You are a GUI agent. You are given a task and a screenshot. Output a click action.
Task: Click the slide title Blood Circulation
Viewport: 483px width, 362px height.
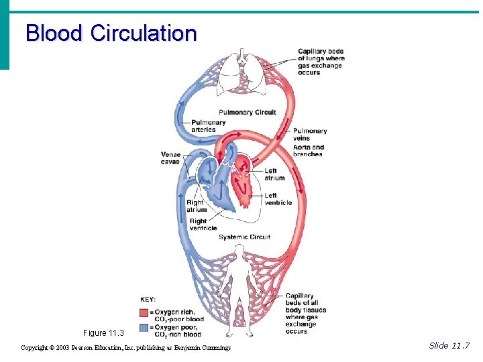(111, 33)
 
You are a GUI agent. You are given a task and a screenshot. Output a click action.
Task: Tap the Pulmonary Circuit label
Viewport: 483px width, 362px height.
(247, 112)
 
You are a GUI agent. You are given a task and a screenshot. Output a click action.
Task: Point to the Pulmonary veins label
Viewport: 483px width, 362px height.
(310, 135)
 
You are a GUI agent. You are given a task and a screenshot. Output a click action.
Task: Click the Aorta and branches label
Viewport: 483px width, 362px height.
(308, 151)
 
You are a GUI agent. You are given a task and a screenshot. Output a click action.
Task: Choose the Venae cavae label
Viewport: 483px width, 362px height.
(170, 158)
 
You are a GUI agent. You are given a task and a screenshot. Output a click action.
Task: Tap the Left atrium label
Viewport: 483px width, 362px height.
(274, 174)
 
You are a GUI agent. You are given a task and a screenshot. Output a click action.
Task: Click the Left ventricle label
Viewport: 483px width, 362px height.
(278, 199)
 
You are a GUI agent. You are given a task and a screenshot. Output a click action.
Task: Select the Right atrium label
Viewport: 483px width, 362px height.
(196, 206)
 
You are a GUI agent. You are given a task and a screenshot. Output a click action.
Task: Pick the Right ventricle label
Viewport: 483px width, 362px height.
(203, 225)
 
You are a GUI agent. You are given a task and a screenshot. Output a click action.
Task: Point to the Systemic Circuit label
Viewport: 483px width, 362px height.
(244, 237)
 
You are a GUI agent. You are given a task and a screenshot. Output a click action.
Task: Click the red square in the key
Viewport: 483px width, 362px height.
(144, 313)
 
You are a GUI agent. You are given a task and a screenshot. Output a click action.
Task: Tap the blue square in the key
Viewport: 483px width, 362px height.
(144, 328)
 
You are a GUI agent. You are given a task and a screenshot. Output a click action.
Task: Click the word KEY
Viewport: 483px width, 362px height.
(148, 299)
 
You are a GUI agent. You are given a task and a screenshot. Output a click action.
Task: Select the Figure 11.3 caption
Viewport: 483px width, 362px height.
(104, 333)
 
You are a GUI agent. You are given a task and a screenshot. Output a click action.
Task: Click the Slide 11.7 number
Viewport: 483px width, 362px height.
(449, 346)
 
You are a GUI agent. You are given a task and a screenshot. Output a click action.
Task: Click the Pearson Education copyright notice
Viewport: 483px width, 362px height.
(126, 348)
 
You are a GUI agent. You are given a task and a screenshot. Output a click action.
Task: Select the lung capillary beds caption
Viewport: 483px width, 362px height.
(321, 62)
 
